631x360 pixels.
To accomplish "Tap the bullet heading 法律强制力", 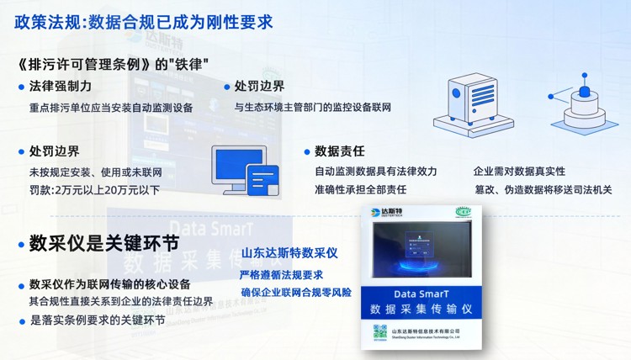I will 60,87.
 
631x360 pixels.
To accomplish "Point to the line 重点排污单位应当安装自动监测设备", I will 111,108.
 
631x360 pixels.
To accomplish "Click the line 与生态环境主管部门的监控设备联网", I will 312,108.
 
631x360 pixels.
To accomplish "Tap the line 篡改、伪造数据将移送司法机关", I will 542,190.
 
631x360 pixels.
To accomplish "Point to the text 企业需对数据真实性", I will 520,172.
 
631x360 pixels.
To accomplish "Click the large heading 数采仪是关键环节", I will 103,244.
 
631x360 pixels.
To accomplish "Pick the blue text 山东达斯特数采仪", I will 289,252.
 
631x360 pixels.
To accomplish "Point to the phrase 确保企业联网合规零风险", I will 296,293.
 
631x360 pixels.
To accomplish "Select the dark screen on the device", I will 422,258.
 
